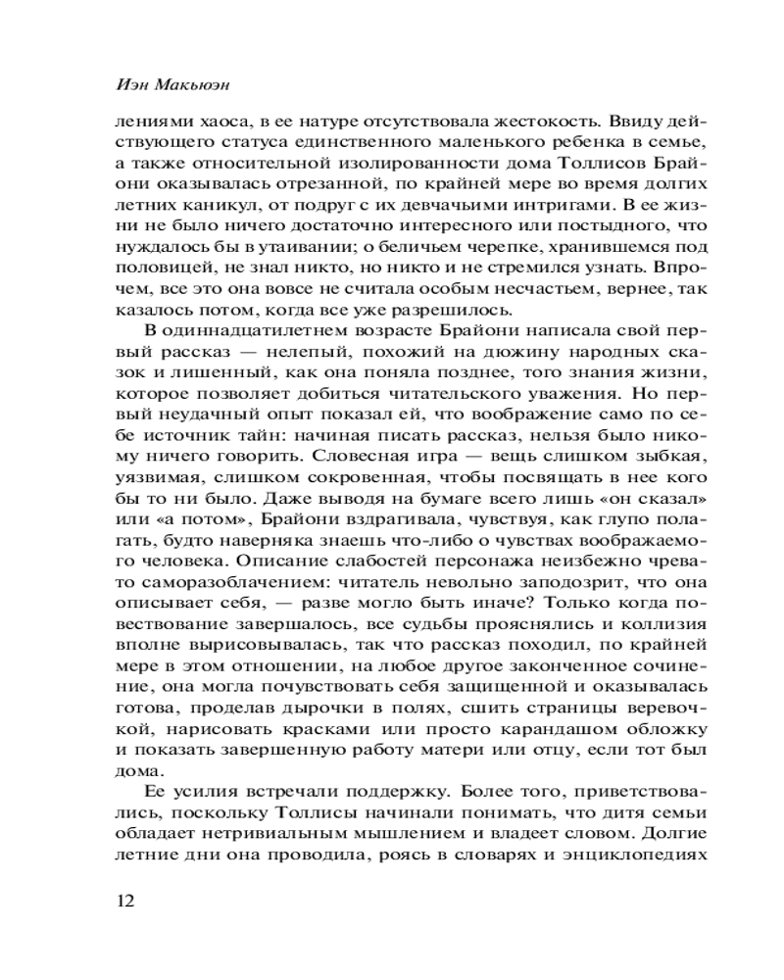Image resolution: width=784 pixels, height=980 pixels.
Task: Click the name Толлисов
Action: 586,166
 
